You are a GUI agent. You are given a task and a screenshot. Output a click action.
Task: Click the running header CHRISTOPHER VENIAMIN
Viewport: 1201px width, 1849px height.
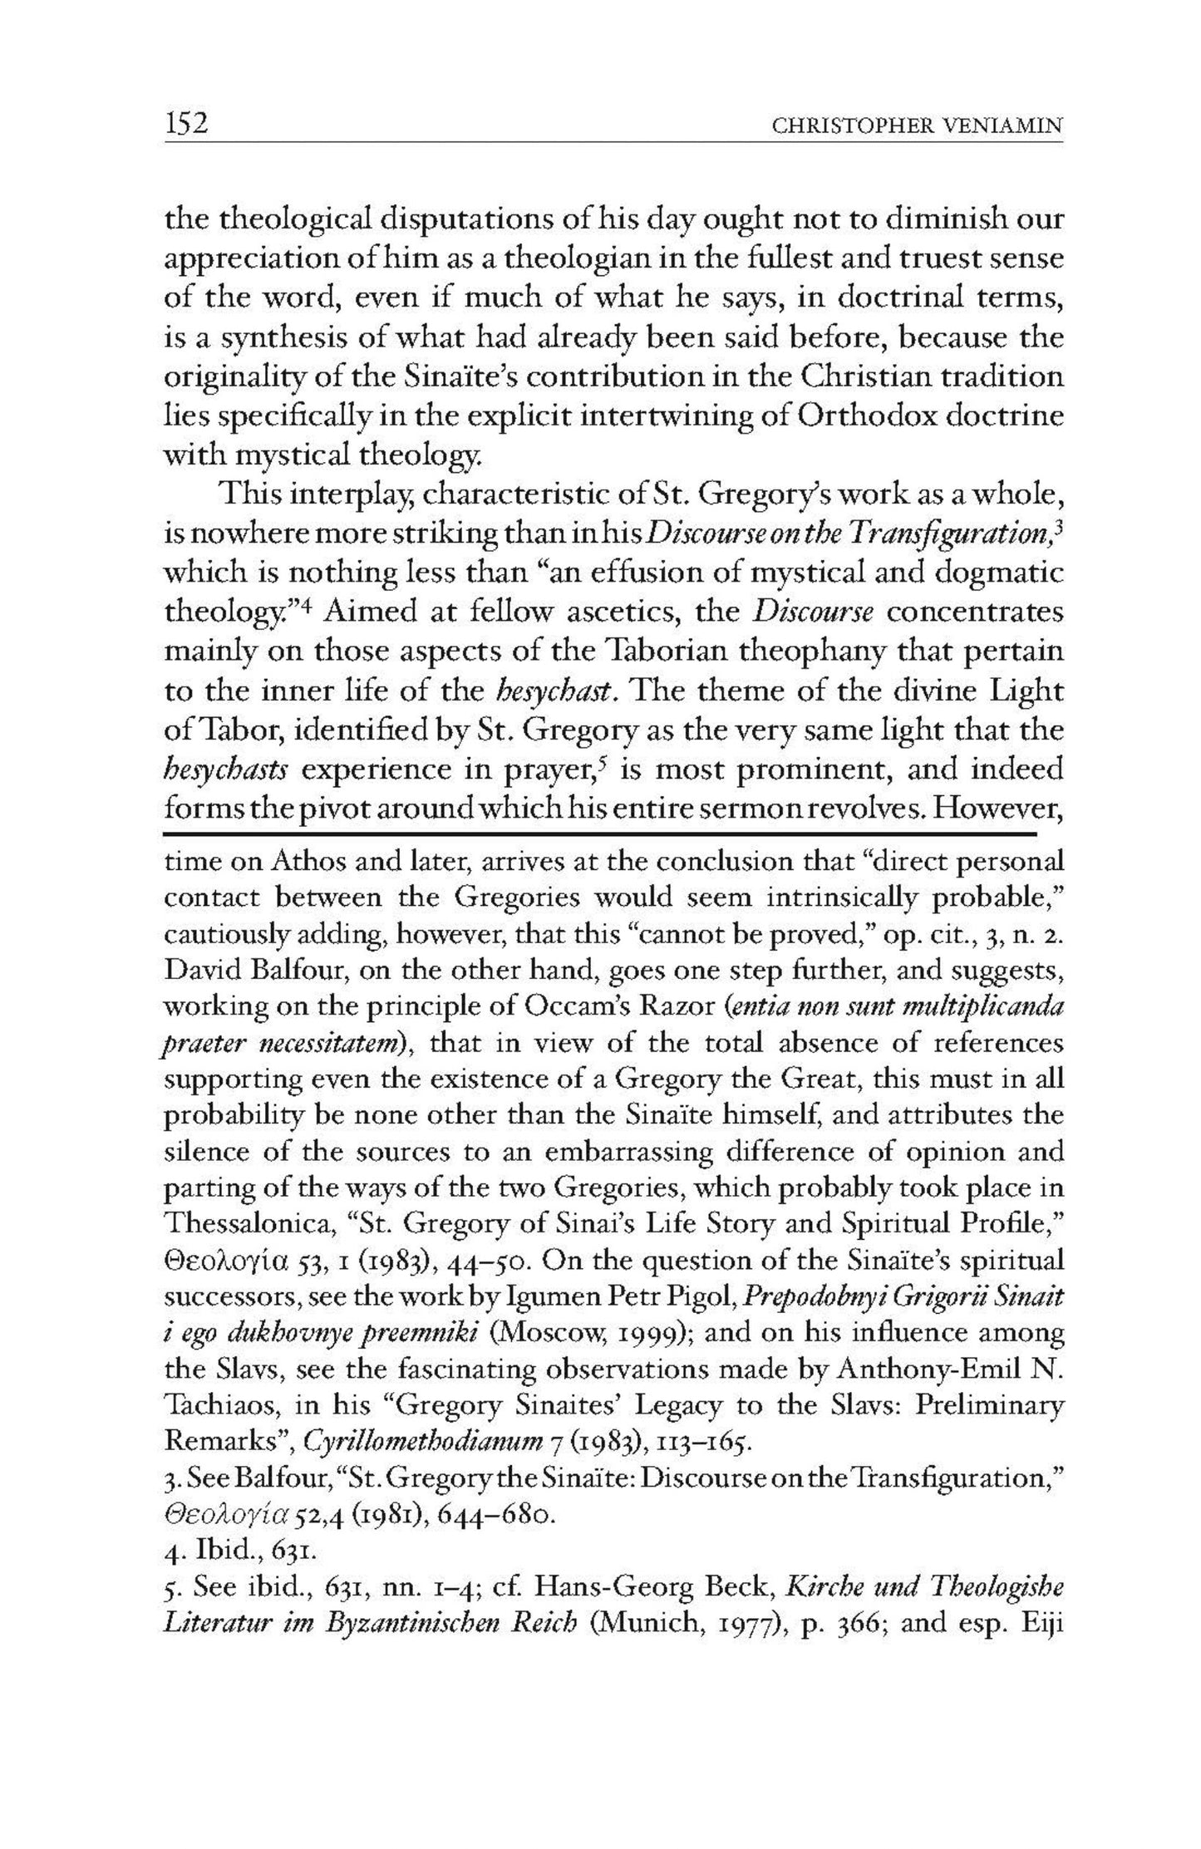click(917, 126)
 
